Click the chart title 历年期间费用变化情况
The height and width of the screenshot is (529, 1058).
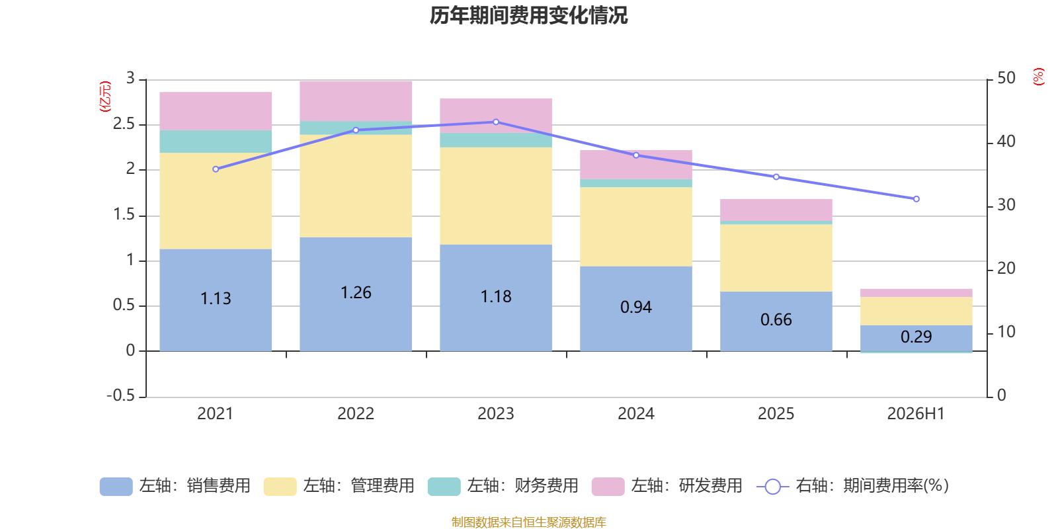click(528, 16)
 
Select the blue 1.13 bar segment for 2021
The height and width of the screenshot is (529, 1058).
click(216, 300)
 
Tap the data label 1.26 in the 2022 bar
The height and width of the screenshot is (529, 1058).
click(356, 293)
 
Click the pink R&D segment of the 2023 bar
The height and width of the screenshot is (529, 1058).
click(495, 116)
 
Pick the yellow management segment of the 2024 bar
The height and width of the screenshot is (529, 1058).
click(635, 227)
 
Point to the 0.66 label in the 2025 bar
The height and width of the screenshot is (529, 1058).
click(776, 320)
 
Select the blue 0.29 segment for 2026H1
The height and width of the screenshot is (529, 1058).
click(916, 338)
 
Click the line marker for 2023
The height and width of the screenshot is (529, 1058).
click(496, 122)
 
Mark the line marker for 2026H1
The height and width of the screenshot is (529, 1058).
click(916, 199)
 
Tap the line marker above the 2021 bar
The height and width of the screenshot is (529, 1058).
click(216, 169)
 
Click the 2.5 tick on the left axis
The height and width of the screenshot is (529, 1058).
click(124, 124)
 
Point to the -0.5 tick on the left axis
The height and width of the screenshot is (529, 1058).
click(121, 395)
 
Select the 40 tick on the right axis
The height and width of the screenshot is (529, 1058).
click(1006, 142)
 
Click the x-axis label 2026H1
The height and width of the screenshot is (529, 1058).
click(916, 414)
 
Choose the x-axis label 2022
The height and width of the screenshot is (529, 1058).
click(356, 414)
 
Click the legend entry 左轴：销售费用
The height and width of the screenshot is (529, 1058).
click(175, 486)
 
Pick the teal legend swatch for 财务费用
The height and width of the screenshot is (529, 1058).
click(444, 487)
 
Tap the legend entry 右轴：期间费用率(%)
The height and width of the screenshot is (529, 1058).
click(852, 486)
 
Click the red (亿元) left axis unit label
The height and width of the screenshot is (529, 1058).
click(105, 97)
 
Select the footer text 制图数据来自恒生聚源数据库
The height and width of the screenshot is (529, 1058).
click(528, 522)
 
